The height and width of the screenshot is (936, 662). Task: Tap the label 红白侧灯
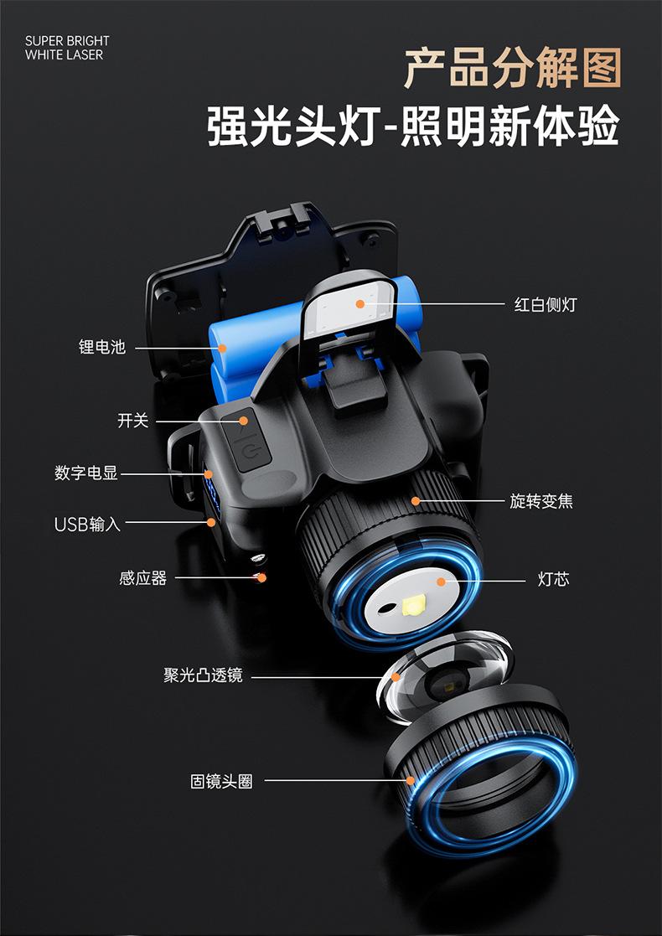coord(545,304)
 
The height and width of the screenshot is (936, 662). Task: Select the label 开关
coord(132,421)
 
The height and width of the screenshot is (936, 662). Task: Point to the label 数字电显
coord(86,473)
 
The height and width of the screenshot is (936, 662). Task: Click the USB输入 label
coord(88,525)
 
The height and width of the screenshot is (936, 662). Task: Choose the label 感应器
coord(142,578)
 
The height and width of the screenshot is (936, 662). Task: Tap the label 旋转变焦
coord(541,501)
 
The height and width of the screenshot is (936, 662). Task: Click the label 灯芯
coord(553,579)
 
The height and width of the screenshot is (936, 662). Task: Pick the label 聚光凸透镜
coord(203,675)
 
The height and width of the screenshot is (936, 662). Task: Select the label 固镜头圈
coord(221,782)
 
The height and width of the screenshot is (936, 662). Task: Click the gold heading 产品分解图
coord(512,69)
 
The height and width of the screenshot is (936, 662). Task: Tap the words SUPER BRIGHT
coord(67,41)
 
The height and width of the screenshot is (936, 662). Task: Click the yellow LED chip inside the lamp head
coord(415,605)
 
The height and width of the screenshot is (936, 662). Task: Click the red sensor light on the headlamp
coord(261,577)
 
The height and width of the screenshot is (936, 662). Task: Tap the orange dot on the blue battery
coord(223,347)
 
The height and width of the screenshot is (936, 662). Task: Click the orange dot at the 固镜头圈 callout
coord(411,781)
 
